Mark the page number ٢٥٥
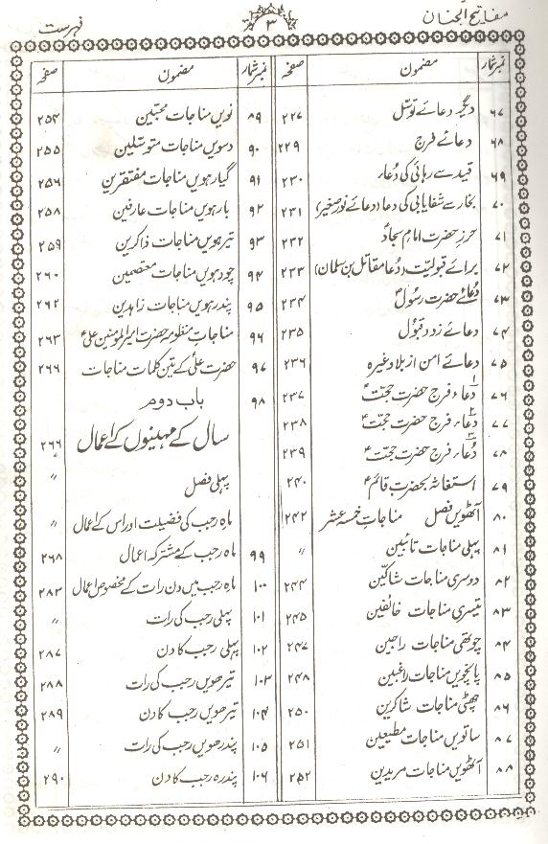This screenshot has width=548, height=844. coord(46,150)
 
